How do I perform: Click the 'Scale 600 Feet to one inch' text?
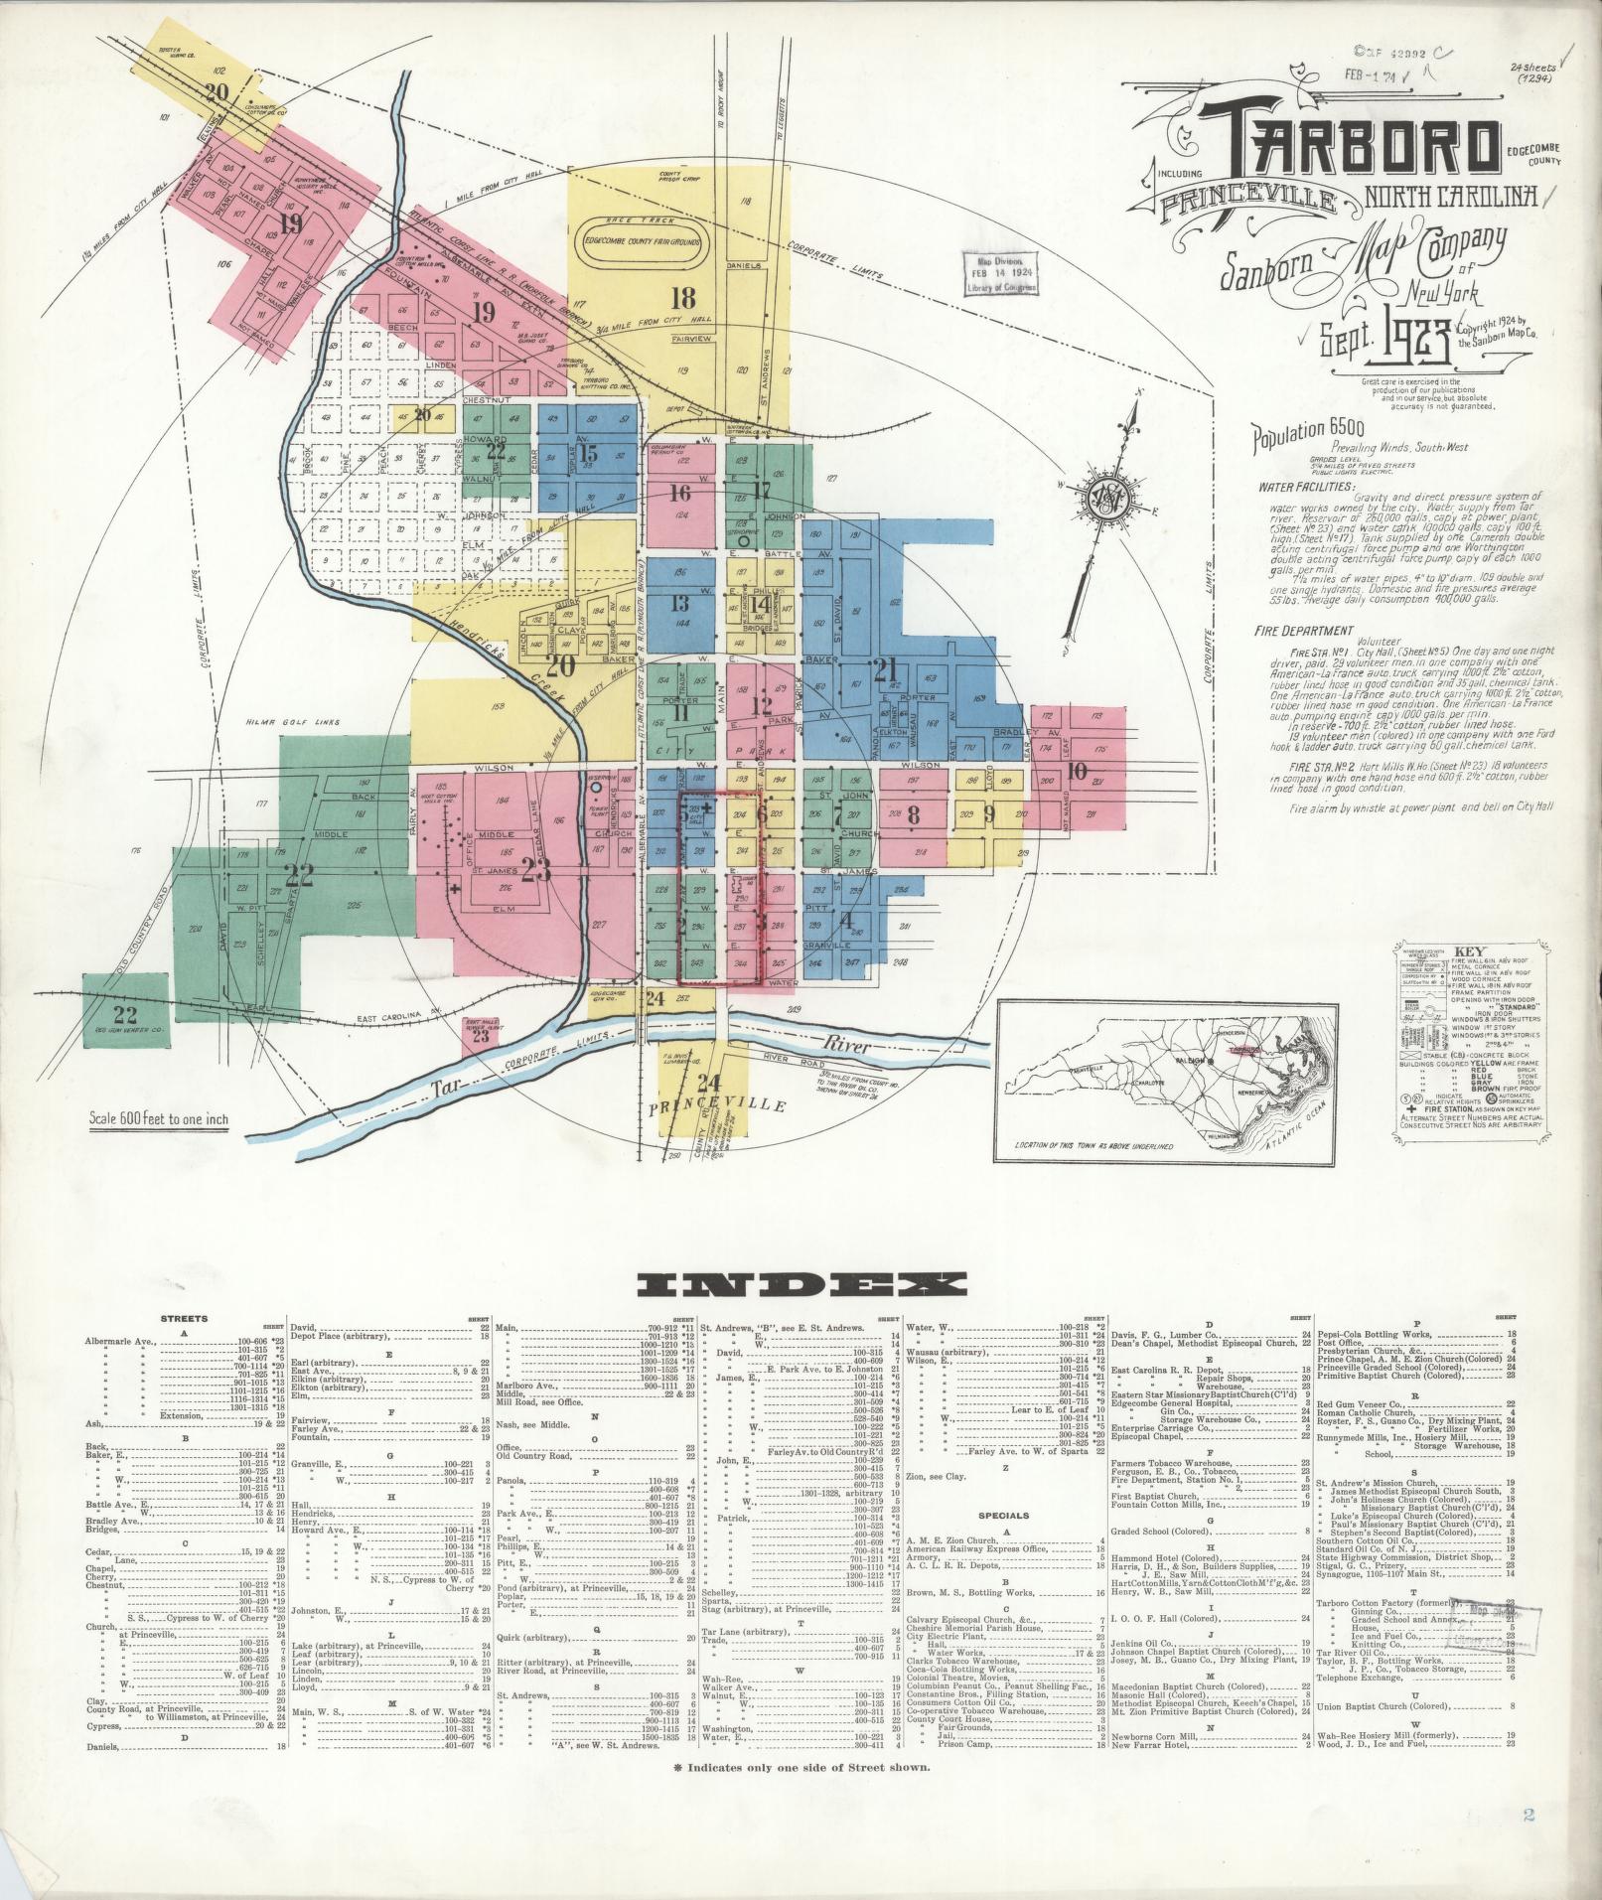[x=159, y=1118]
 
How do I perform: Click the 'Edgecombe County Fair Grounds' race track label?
[x=642, y=239]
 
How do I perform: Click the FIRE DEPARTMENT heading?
[x=1304, y=630]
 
